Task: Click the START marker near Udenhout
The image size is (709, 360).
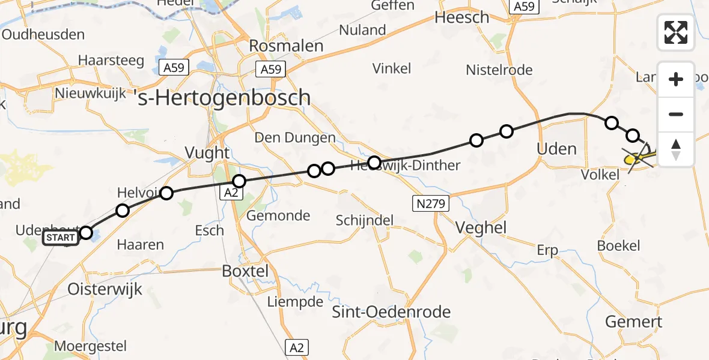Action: click(x=61, y=238)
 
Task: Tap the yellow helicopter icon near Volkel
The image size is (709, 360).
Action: click(x=639, y=158)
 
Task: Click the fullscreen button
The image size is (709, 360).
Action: click(x=676, y=32)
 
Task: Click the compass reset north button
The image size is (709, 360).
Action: click(x=676, y=149)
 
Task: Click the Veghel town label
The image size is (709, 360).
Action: click(x=481, y=227)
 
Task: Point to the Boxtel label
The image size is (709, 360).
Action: click(x=245, y=271)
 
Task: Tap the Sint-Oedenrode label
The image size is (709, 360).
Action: click(x=392, y=312)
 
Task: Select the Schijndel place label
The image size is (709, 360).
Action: click(x=365, y=220)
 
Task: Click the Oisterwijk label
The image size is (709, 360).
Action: click(x=105, y=289)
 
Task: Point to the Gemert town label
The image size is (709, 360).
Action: click(x=634, y=322)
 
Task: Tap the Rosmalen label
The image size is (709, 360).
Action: click(x=286, y=46)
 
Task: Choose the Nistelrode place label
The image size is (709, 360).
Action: click(x=499, y=70)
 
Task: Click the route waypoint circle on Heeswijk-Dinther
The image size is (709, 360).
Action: click(x=374, y=163)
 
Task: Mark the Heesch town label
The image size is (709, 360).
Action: click(x=462, y=17)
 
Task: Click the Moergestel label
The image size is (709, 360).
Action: click(x=90, y=346)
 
